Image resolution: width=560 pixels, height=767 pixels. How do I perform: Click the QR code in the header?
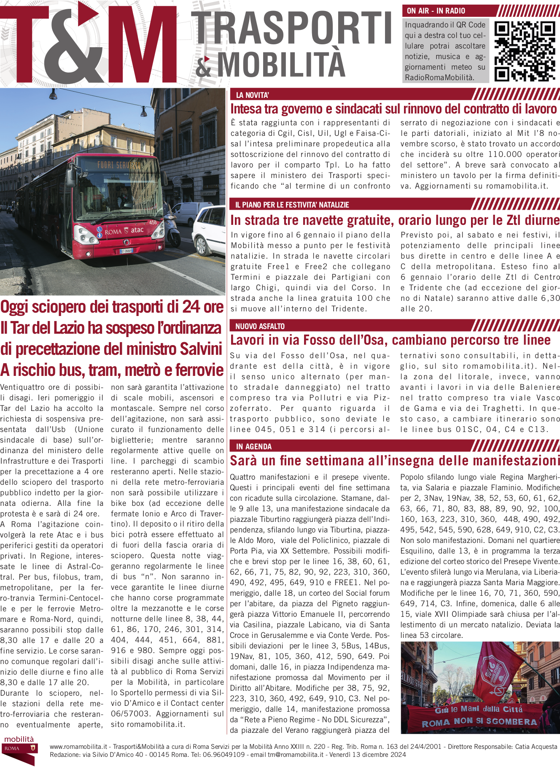524,51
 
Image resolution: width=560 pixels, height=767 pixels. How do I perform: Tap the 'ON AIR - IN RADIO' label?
436,11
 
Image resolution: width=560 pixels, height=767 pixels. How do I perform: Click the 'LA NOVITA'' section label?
252,95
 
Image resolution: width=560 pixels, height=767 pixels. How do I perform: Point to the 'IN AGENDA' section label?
254,446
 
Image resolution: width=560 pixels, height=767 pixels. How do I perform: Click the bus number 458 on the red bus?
153,222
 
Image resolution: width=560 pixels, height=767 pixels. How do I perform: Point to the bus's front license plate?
127,251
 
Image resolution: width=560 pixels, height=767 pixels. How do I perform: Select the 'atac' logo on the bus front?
137,230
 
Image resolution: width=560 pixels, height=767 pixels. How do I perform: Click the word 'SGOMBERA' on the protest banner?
511,721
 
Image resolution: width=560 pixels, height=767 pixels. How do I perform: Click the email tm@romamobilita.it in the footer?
296,755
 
